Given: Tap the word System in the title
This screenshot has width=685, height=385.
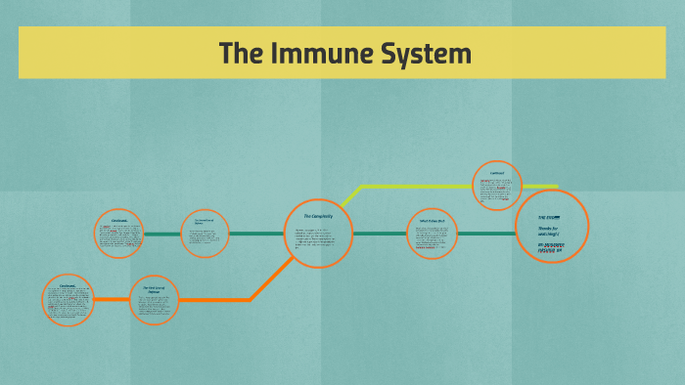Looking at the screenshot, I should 429,53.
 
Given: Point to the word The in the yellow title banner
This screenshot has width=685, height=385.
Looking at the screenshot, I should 239,53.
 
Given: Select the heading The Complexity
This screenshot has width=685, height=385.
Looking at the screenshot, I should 318,215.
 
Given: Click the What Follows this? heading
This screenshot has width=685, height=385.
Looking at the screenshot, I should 432,221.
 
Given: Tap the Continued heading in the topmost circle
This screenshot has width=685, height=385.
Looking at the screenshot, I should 497,173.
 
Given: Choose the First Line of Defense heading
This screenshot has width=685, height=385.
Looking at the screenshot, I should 154,289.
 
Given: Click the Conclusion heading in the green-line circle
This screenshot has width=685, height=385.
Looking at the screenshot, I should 119,221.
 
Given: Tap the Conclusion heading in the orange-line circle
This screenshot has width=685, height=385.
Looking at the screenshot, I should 68,285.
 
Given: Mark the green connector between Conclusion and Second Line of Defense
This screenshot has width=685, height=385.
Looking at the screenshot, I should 162,234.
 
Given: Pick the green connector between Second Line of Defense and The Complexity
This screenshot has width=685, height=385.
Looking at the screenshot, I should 256,234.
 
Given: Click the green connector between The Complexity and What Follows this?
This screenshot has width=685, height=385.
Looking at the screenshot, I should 380,234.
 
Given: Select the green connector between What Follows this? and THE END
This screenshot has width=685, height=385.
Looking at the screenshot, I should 486,234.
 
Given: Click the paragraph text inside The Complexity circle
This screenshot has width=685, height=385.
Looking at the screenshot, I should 318,237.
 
